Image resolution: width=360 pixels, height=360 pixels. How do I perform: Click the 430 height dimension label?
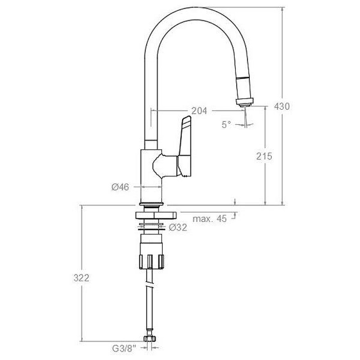[282, 107]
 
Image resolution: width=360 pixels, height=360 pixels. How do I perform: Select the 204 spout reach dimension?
[199, 111]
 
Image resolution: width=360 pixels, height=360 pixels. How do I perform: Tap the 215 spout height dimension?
[264, 156]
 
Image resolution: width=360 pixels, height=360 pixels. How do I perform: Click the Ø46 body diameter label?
[120, 187]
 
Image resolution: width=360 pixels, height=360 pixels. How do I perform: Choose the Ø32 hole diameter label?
[178, 228]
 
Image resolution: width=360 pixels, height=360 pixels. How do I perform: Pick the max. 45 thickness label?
[209, 219]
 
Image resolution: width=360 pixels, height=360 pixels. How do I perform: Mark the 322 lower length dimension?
[81, 278]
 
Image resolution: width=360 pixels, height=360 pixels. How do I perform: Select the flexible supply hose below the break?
[149, 310]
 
